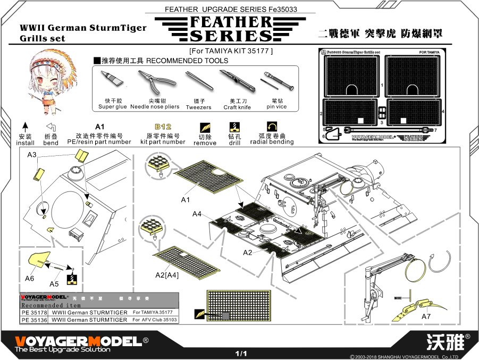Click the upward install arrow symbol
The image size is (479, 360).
[x=25, y=127]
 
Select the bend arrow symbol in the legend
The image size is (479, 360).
[x=51, y=127]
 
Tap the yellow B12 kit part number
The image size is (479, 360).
[x=163, y=127]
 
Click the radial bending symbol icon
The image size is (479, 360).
[x=272, y=127]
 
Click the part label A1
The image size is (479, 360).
[x=186, y=200]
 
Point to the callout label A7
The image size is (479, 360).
[x=426, y=316]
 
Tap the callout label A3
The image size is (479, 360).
[x=32, y=155]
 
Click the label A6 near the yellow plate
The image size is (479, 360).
[x=30, y=278]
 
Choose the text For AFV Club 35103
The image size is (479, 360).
[x=155, y=320]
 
